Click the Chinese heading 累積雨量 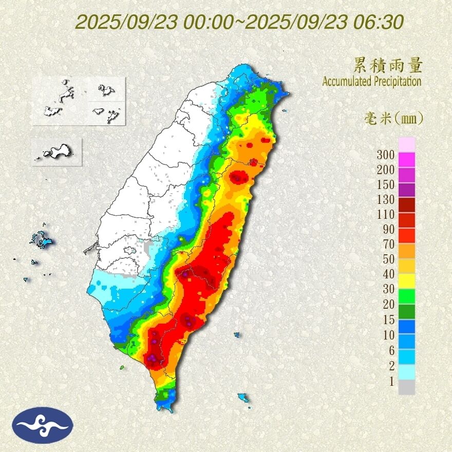tap(388, 66)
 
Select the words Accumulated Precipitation tap(372, 81)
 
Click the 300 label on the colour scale tap(385, 155)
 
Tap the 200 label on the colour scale tap(385, 169)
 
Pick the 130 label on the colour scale tap(385, 200)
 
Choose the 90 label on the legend tap(388, 230)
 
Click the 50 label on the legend tap(388, 260)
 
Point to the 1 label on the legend tap(391, 381)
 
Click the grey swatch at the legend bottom tap(406, 387)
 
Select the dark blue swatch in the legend tap(406, 326)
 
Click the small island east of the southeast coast tap(237, 335)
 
